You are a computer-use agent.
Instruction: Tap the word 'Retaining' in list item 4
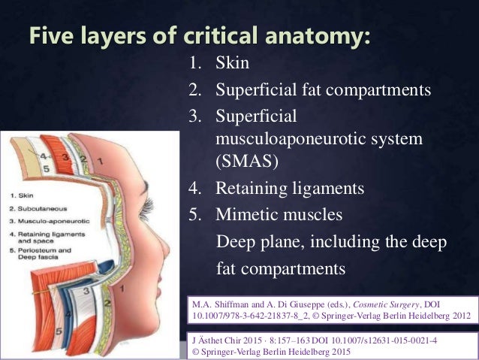click(251, 189)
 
